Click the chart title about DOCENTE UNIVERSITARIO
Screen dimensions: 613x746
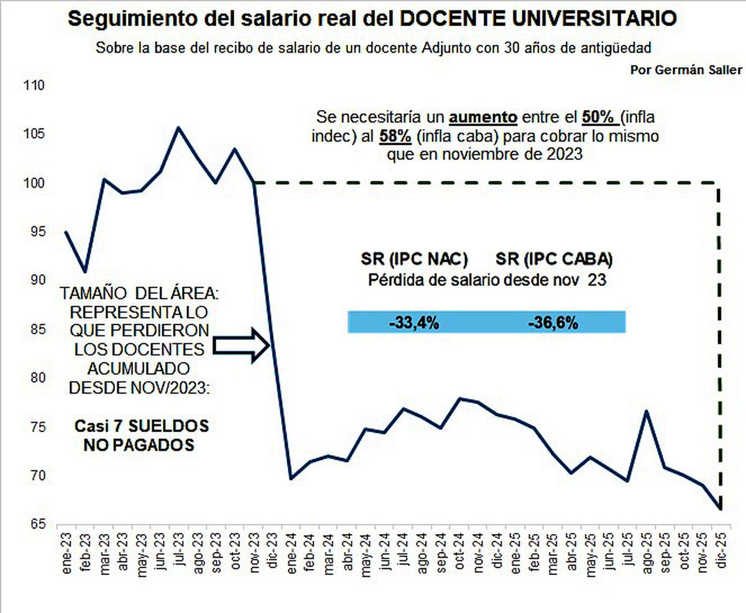[x=372, y=19]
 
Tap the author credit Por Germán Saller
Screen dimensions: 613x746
[x=687, y=68]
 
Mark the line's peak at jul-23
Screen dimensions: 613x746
[x=178, y=127]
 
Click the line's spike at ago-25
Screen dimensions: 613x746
[x=647, y=411]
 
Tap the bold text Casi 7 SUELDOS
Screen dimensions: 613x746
[x=141, y=427]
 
